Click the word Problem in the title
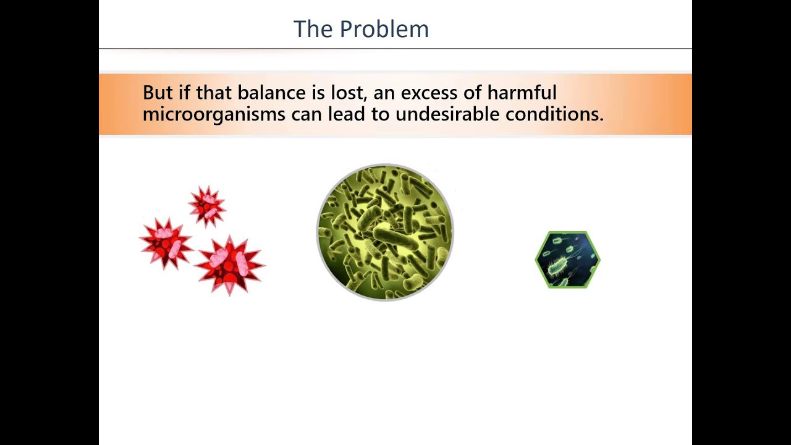tap(384, 29)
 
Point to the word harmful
tap(522, 93)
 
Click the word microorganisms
tap(214, 114)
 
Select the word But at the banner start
tap(158, 93)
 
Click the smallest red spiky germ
tap(207, 205)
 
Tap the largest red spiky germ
tap(230, 265)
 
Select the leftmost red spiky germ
tap(166, 243)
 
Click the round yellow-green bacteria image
tap(385, 232)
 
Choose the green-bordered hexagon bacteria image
tap(567, 260)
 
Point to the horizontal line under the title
tap(395, 48)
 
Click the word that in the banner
tap(213, 93)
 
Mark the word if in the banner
tap(184, 93)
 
